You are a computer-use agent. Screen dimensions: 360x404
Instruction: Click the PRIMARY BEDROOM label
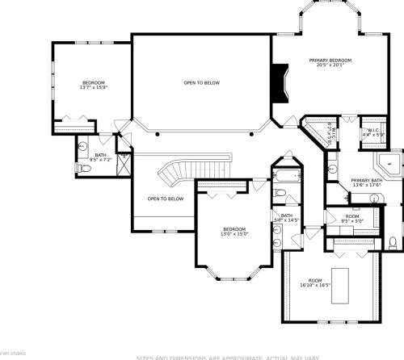[x=330, y=61]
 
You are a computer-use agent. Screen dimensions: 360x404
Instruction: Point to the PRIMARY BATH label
[x=366, y=180]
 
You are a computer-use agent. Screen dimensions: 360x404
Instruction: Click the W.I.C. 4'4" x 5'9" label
[x=373, y=132]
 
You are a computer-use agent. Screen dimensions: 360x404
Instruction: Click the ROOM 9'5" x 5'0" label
[x=352, y=218]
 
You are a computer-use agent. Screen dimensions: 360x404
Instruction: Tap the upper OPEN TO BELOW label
[x=201, y=82]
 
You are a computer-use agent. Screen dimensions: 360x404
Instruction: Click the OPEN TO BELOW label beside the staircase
[x=165, y=199]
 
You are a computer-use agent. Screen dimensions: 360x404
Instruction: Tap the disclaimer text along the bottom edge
[x=267, y=356]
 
